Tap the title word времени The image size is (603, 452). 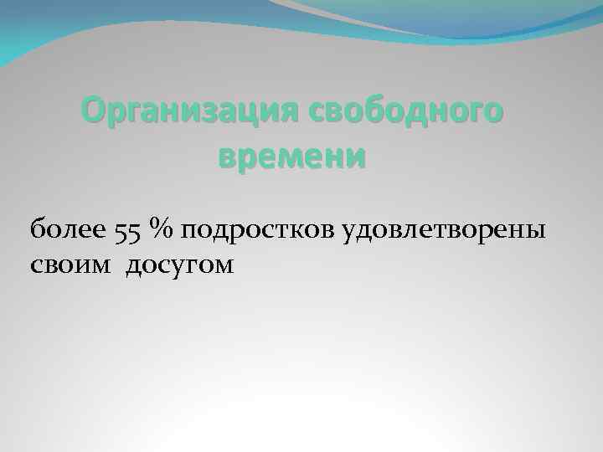pyautogui.click(x=292, y=156)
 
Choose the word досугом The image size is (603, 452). pyautogui.click(x=181, y=267)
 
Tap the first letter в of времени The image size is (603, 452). pyautogui.click(x=227, y=156)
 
